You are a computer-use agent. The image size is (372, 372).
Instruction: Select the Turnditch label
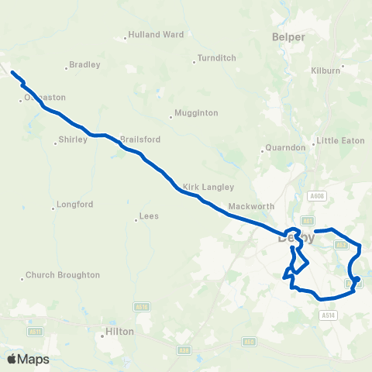216,58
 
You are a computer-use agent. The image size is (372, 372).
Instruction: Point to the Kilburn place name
326,71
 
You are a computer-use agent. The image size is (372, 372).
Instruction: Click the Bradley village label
85,65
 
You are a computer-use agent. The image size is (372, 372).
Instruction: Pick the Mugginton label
196,113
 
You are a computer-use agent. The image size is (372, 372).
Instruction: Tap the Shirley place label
73,141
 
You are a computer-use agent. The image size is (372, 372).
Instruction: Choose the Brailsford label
140,140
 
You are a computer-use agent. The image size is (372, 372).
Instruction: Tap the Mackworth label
252,207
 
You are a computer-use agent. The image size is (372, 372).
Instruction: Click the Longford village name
76,205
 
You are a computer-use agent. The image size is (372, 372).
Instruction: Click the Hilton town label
119,331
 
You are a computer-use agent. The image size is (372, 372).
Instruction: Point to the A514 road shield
329,315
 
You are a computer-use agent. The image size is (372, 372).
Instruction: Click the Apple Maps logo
28,359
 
